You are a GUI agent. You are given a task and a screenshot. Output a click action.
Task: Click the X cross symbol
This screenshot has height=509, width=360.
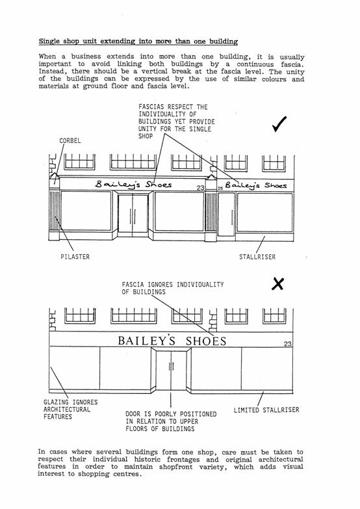coord(277,283)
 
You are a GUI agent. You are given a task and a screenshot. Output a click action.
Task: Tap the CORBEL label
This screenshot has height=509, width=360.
coord(70,141)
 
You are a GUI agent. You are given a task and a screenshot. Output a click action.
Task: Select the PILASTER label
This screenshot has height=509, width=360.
coord(75,257)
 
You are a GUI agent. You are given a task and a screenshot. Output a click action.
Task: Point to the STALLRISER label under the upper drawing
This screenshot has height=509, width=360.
coord(257,257)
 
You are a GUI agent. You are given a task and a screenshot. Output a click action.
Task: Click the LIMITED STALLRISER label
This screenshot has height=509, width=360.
coord(266,410)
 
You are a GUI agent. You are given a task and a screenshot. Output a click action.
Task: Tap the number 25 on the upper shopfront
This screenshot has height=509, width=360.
coord(220,189)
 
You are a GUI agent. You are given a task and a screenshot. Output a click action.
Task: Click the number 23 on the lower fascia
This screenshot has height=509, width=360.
coord(288,344)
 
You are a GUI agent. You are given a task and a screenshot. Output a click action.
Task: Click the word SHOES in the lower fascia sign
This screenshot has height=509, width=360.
coord(206,341)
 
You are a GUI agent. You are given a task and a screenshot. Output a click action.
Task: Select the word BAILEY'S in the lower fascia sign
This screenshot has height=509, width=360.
coord(146,341)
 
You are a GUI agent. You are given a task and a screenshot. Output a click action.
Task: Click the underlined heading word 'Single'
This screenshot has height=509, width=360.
coord(49,42)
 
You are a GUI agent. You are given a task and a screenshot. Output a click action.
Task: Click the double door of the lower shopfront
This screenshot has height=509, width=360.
coord(171,371)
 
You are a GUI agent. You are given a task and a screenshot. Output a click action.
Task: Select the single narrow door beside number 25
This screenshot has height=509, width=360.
coord(227,215)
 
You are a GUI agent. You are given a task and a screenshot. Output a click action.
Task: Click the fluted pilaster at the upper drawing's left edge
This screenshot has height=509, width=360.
coord(54,211)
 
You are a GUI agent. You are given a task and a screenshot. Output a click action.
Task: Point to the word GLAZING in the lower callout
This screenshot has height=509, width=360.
coord(55,402)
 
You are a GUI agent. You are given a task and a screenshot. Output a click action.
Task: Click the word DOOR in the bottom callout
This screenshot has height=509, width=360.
coord(133,414)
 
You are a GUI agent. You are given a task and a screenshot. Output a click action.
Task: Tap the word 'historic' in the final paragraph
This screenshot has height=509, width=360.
coord(148,460)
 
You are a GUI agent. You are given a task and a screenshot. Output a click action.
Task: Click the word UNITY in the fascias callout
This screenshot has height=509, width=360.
coord(148,129)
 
